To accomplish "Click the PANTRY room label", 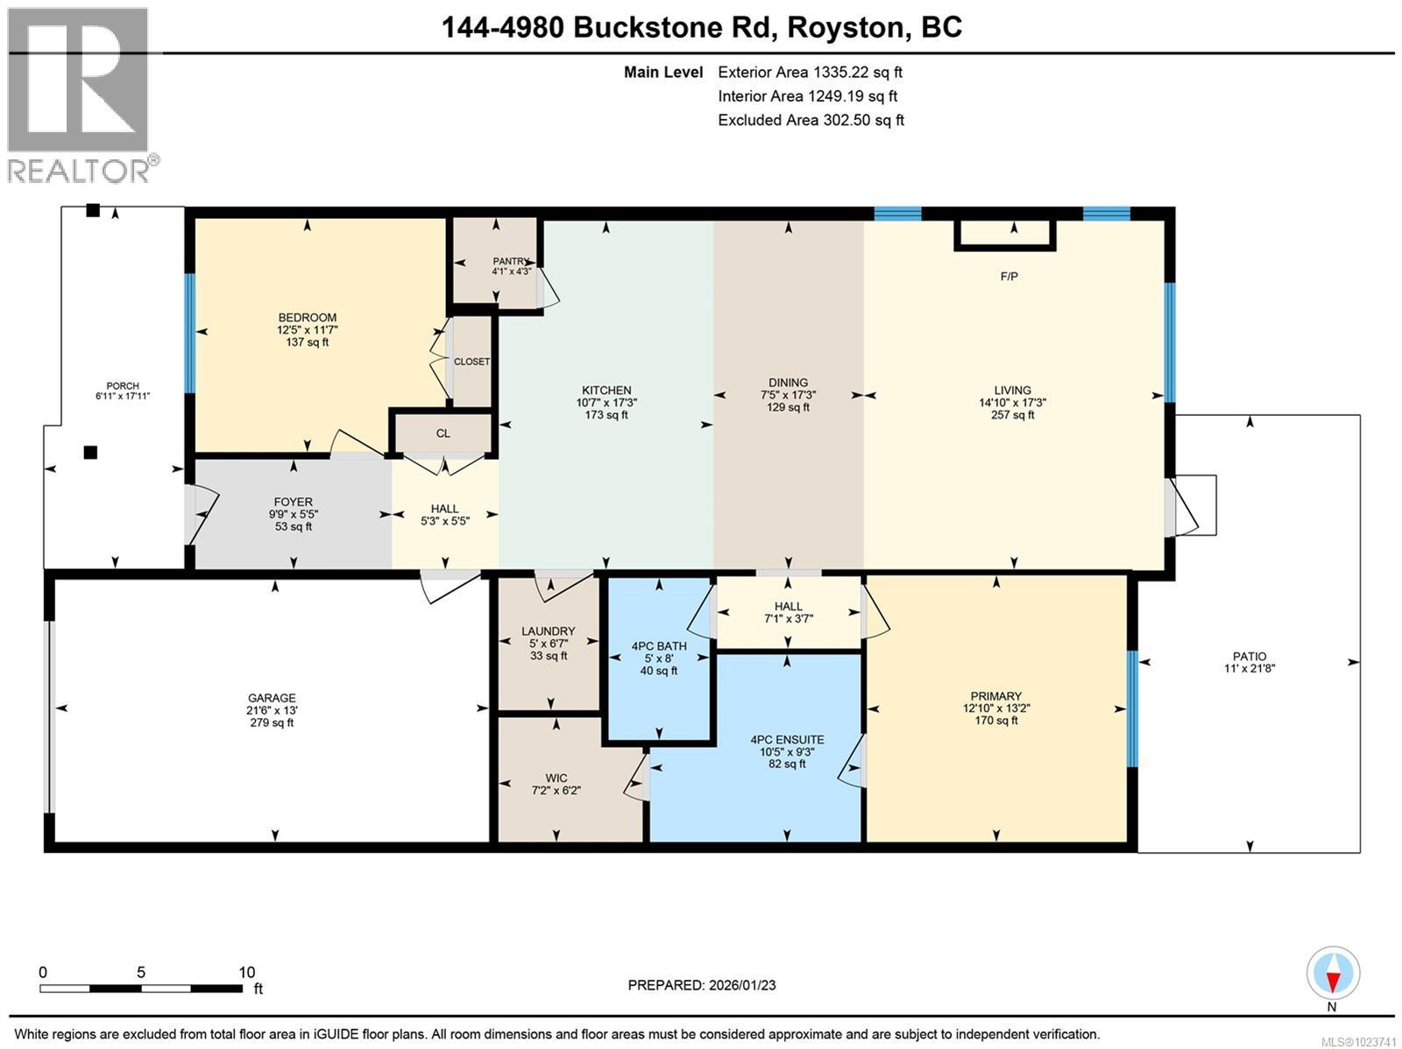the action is pyautogui.click(x=511, y=261).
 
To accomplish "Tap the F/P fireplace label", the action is pyautogui.click(x=1009, y=277).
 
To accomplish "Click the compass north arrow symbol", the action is pyautogui.click(x=1333, y=974).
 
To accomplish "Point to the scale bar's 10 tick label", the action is pyautogui.click(x=246, y=972).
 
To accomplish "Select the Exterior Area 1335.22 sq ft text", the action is pyautogui.click(x=810, y=72).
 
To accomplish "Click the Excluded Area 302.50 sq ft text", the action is pyautogui.click(x=811, y=120).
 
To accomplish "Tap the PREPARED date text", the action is pyautogui.click(x=702, y=984).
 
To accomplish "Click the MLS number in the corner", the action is pyautogui.click(x=1358, y=1042).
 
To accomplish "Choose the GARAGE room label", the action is pyautogui.click(x=273, y=698).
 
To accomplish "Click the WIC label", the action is pyautogui.click(x=556, y=778).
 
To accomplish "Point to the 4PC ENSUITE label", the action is pyautogui.click(x=787, y=740).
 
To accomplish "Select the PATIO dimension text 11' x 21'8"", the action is pyautogui.click(x=1250, y=668).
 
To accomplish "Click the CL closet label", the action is pyautogui.click(x=443, y=433).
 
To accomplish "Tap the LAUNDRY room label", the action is pyautogui.click(x=548, y=631).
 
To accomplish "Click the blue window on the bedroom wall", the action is pyautogui.click(x=189, y=333).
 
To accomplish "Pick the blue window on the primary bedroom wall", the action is pyautogui.click(x=1132, y=708).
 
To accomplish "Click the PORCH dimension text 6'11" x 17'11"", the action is pyautogui.click(x=123, y=397).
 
